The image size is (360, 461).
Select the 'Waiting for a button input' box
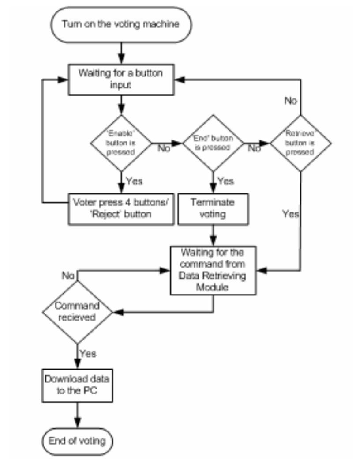(x=120, y=79)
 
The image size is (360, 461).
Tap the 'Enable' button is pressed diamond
(x=120, y=143)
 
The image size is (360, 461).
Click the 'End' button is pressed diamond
(x=214, y=143)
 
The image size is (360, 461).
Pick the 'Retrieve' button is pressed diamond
(x=300, y=143)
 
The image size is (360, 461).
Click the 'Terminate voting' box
(x=214, y=208)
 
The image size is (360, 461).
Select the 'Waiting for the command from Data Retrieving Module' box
(x=214, y=270)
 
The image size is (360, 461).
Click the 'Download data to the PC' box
(x=78, y=385)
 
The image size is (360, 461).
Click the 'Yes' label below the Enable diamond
(x=134, y=181)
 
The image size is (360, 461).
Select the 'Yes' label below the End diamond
(x=226, y=181)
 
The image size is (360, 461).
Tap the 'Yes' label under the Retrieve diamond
(x=291, y=215)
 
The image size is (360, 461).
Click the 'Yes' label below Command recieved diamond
(x=88, y=353)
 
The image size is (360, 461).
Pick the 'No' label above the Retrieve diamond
(x=290, y=101)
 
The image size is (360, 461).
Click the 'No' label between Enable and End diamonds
(x=164, y=148)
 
